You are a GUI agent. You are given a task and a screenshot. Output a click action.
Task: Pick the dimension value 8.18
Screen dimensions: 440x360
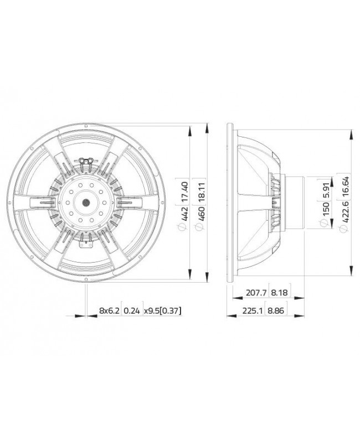pos(280,294)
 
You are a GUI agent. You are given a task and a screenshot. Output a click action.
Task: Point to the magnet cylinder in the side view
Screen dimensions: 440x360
pos(293,202)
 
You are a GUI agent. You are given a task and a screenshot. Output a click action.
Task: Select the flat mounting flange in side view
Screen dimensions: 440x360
pos(230,203)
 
